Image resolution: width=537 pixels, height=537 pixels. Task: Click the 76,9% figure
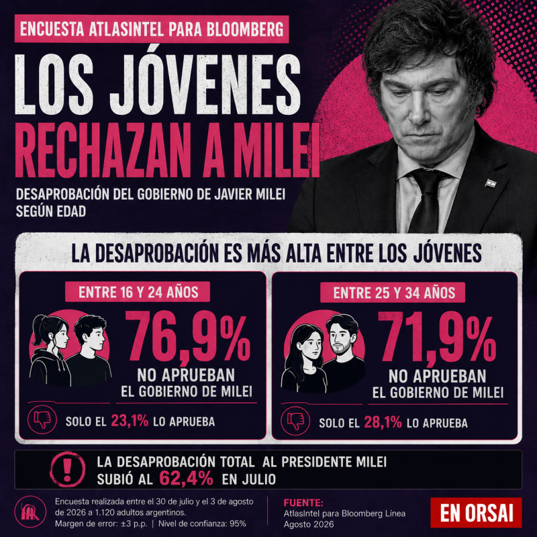(x=189, y=338)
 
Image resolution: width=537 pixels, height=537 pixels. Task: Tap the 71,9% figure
(x=437, y=338)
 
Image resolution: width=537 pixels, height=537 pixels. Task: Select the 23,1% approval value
(x=130, y=421)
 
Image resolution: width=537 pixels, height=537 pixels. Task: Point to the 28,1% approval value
(x=383, y=423)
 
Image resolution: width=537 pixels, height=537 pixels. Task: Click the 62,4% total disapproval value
(x=186, y=479)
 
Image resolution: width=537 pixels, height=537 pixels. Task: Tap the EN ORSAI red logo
(x=476, y=512)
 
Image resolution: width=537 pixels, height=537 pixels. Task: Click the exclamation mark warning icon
(x=68, y=469)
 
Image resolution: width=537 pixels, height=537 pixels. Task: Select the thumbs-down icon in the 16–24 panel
(x=42, y=420)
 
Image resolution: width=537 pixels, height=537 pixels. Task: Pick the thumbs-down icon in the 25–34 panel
(x=295, y=421)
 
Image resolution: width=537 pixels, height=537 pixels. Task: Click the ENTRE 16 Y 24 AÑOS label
(x=138, y=292)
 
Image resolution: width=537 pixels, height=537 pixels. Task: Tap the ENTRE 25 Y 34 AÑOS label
(x=393, y=293)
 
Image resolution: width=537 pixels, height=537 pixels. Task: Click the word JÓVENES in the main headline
(x=205, y=85)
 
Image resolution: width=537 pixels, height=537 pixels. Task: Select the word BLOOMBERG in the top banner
(x=245, y=29)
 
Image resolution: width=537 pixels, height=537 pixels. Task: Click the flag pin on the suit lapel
(x=491, y=183)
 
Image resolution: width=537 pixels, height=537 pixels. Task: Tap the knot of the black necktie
(x=428, y=181)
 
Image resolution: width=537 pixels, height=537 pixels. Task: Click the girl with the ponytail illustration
(x=50, y=350)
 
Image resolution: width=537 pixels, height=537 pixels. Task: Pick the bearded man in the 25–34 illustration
(x=344, y=353)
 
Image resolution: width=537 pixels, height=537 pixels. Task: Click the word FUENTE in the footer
(x=303, y=503)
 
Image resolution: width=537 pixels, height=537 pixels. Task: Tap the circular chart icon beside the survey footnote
(x=30, y=512)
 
